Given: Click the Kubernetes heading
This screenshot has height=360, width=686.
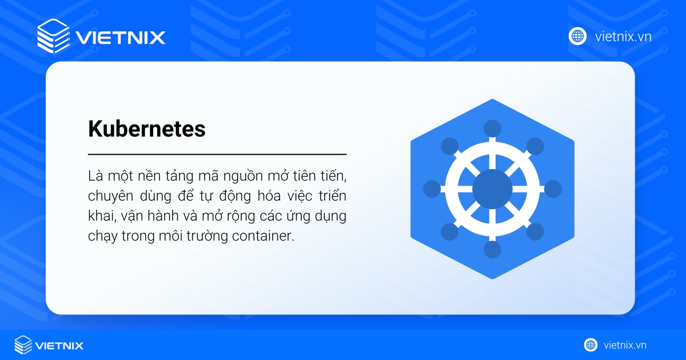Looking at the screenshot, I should pyautogui.click(x=146, y=129).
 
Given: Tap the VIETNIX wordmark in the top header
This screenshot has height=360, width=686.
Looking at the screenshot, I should pyautogui.click(x=120, y=38).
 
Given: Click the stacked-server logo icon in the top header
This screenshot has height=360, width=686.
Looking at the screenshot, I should pyautogui.click(x=53, y=36).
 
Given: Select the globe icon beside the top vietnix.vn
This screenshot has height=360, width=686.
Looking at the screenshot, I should pyautogui.click(x=577, y=36).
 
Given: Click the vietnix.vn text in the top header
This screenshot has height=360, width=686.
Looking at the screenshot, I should pyautogui.click(x=623, y=37).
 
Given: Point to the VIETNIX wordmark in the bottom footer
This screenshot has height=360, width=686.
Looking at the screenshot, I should pyautogui.click(x=59, y=345).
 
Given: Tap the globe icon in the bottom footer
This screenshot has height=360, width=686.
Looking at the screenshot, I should pyautogui.click(x=591, y=345).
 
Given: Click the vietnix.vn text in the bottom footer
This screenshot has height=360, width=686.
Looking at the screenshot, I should pyautogui.click(x=625, y=345).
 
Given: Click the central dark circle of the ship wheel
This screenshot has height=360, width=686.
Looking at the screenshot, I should pyautogui.click(x=492, y=189).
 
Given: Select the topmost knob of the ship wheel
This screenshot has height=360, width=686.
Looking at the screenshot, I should pyautogui.click(x=492, y=128).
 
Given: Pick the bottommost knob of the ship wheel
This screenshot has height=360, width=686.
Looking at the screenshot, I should pyautogui.click(x=492, y=249).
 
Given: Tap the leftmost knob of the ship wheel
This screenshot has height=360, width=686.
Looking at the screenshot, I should pyautogui.click(x=432, y=189).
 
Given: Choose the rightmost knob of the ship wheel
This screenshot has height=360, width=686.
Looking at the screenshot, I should pyautogui.click(x=553, y=189).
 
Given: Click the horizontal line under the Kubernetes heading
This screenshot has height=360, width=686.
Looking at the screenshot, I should pyautogui.click(x=217, y=154).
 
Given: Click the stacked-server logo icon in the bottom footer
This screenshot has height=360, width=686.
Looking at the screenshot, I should pyautogui.click(x=23, y=345).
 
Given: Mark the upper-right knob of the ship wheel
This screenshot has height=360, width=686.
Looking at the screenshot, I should pyautogui.click(x=535, y=146).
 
